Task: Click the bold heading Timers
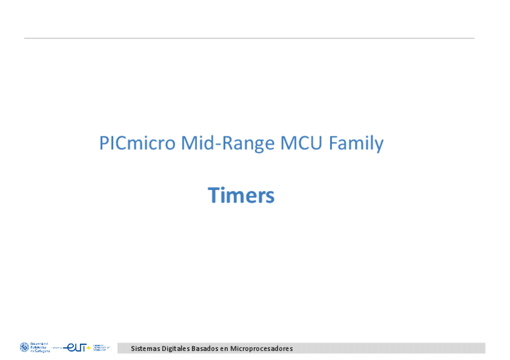point(241,195)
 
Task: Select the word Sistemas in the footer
point(145,349)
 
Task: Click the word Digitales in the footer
point(175,349)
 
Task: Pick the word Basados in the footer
point(206,349)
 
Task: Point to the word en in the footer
point(225,349)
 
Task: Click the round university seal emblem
point(24,347)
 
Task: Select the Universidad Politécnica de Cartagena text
point(40,347)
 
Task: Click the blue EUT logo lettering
point(76,347)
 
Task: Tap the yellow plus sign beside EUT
point(89,347)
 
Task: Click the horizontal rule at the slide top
point(249,38)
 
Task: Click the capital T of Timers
point(214,195)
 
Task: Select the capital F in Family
point(333,144)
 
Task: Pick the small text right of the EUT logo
point(101,347)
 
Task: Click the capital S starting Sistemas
point(133,349)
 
